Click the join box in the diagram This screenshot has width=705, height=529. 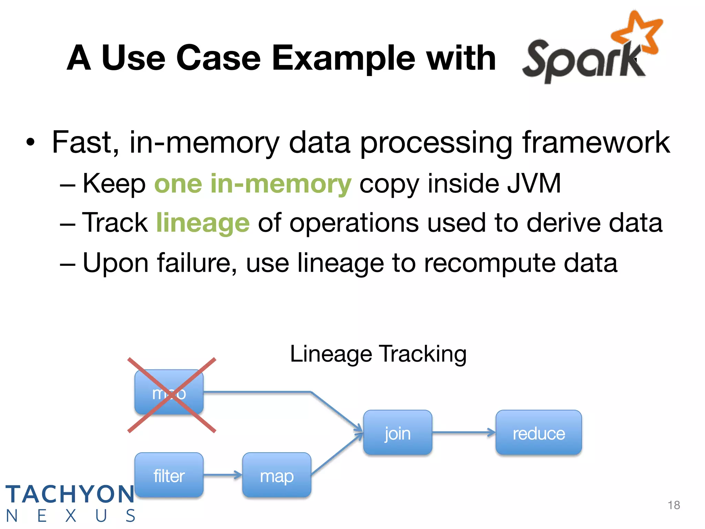click(398, 433)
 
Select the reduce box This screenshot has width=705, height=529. click(538, 433)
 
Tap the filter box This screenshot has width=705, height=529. click(169, 475)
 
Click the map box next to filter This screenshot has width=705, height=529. click(276, 475)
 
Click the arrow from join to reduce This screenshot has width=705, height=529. click(463, 432)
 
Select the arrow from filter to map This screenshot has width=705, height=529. click(222, 475)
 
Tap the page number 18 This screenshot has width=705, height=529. click(673, 505)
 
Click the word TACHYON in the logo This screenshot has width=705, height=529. click(70, 494)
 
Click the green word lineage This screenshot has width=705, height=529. click(203, 223)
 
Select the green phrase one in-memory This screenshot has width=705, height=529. click(253, 184)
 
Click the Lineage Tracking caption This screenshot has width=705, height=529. click(378, 354)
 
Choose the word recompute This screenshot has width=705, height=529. click(490, 263)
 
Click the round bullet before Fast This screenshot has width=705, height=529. click(31, 142)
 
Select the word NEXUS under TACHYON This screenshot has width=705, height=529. click(71, 516)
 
